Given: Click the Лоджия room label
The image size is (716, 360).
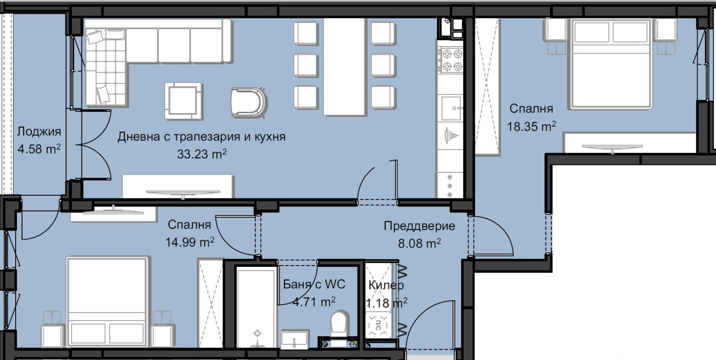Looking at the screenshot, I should click(x=39, y=132).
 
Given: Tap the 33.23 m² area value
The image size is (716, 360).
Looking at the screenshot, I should click(x=202, y=154).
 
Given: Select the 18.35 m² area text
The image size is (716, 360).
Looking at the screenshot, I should click(x=531, y=127).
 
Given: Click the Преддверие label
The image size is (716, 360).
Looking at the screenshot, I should click(x=419, y=226).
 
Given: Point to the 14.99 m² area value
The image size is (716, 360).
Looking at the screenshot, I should click(x=190, y=242).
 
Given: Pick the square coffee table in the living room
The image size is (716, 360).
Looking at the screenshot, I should click(x=182, y=100).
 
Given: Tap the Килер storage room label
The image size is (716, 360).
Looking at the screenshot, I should click(x=386, y=285).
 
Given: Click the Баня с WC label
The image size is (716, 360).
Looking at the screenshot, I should click(x=314, y=284).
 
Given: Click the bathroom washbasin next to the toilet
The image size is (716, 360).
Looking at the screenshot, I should click(x=294, y=340).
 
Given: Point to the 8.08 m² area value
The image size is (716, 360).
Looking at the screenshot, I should click(x=419, y=244).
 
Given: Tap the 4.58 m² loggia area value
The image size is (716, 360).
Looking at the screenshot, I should click(x=39, y=149).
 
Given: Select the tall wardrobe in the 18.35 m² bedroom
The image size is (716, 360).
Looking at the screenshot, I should click(x=486, y=87).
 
